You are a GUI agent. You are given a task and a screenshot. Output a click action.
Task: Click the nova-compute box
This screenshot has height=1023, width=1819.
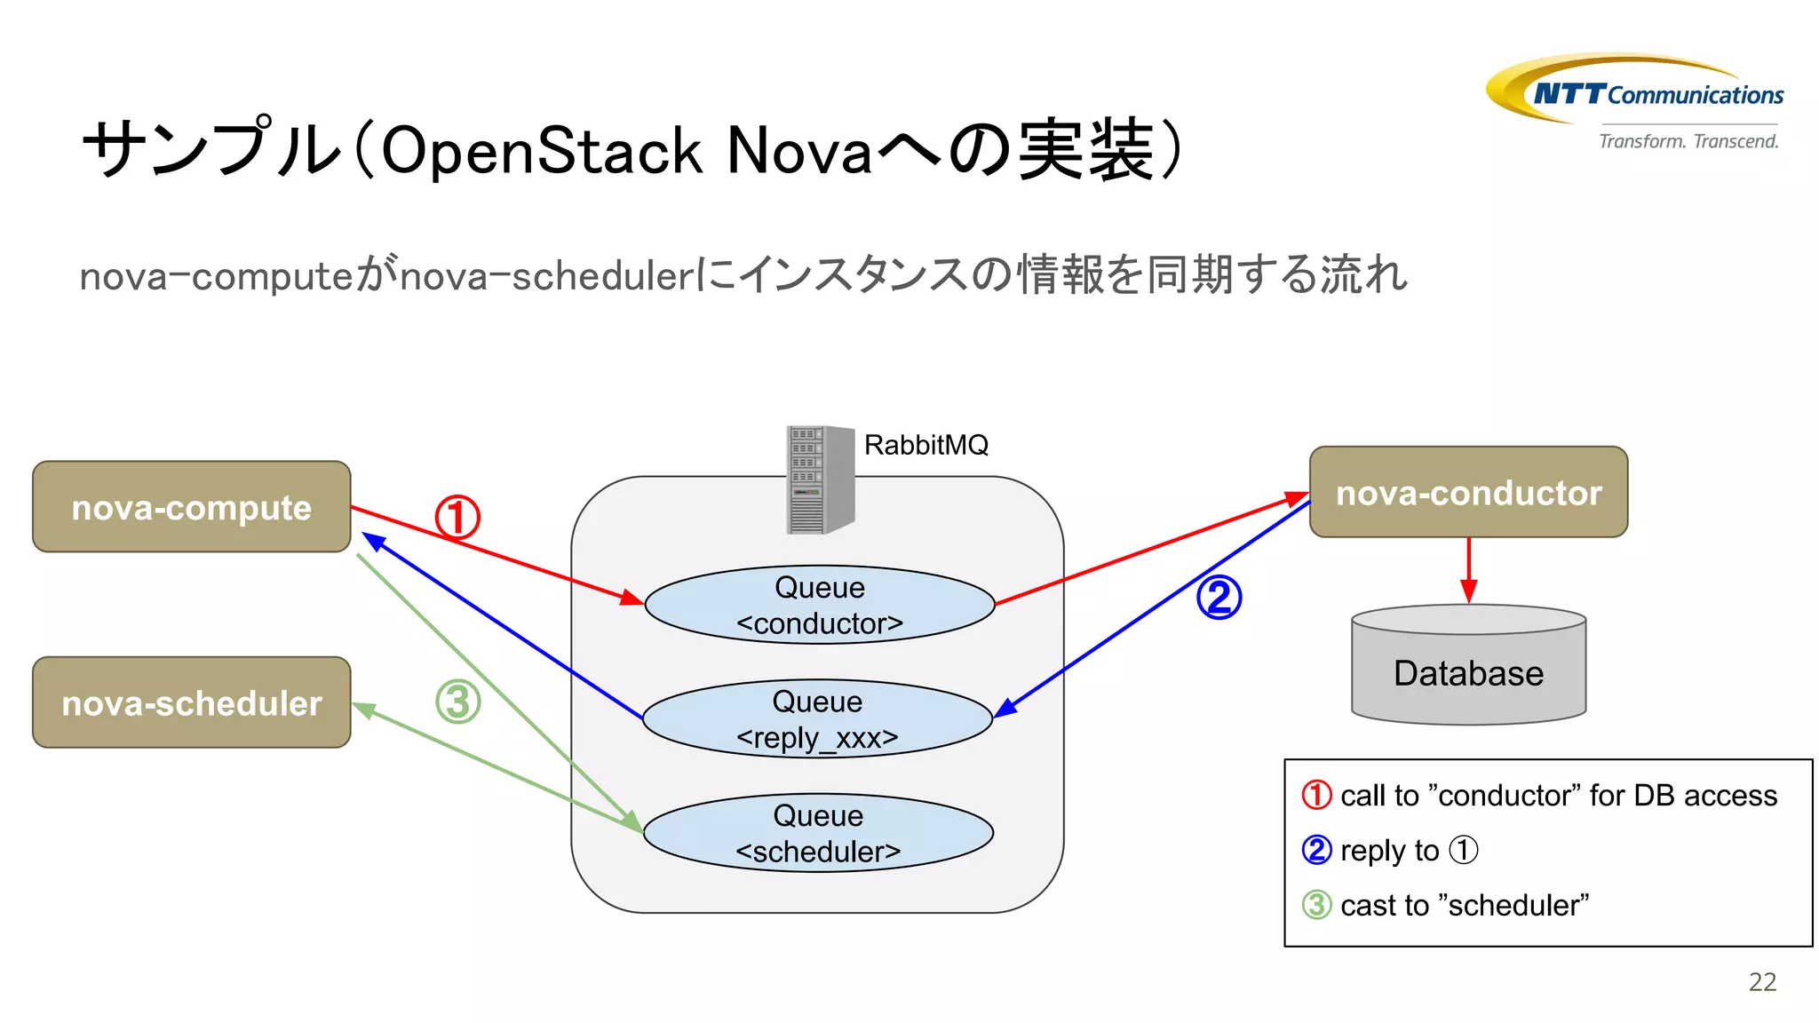click(x=191, y=507)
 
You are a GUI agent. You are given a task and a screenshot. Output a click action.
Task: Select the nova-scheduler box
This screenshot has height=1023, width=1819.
click(x=191, y=702)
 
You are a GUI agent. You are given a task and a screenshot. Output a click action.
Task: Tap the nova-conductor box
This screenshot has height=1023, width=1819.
click(x=1468, y=492)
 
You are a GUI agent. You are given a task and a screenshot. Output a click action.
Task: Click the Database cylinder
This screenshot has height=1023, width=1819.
click(x=1468, y=672)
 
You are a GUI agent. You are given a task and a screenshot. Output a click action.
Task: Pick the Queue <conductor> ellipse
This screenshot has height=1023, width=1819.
click(x=819, y=605)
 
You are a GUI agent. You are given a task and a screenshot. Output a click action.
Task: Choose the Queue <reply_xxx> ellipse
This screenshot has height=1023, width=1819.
click(x=817, y=719)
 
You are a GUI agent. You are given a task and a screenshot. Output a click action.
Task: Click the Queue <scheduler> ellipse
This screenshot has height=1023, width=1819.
click(x=818, y=833)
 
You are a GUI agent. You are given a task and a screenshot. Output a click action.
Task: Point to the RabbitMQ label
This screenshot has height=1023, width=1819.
click(x=925, y=445)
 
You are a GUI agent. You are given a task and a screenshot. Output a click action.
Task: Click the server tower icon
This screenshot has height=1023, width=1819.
click(x=820, y=480)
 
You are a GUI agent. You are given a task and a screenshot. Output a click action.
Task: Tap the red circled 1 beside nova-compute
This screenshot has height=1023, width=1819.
click(x=457, y=518)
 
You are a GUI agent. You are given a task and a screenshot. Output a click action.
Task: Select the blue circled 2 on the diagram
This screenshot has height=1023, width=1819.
click(x=1219, y=598)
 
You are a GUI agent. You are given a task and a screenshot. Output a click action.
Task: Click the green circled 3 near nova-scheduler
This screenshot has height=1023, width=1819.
click(x=457, y=702)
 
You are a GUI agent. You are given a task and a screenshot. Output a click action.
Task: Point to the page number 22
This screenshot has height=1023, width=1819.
click(x=1762, y=982)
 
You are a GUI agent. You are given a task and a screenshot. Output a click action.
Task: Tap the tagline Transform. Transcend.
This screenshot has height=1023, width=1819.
click(x=1688, y=141)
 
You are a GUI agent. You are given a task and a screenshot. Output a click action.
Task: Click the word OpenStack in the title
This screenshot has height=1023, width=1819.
click(x=543, y=151)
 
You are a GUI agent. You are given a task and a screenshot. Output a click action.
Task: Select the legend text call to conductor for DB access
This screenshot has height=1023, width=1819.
click(x=1558, y=796)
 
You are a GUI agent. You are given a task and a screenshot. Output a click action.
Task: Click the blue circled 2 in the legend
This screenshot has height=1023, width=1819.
click(x=1316, y=850)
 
